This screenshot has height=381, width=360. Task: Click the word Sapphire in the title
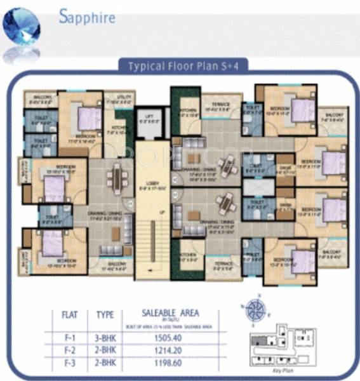tap(88, 17)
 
